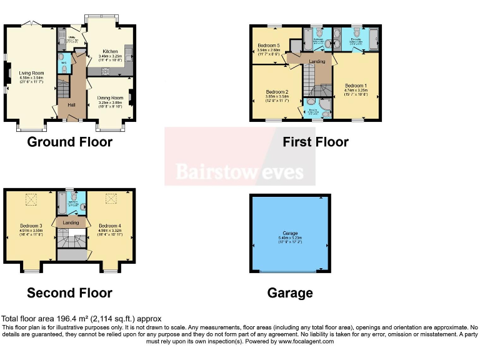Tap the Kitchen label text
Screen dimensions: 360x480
click(109, 52)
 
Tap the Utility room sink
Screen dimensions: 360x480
click(63, 31)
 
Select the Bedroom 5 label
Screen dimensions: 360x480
click(269, 46)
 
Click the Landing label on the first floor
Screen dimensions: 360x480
click(316, 61)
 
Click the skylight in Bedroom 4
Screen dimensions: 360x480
click(112, 199)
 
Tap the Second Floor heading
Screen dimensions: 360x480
click(69, 292)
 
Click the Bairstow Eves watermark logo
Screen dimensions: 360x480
click(239, 171)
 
